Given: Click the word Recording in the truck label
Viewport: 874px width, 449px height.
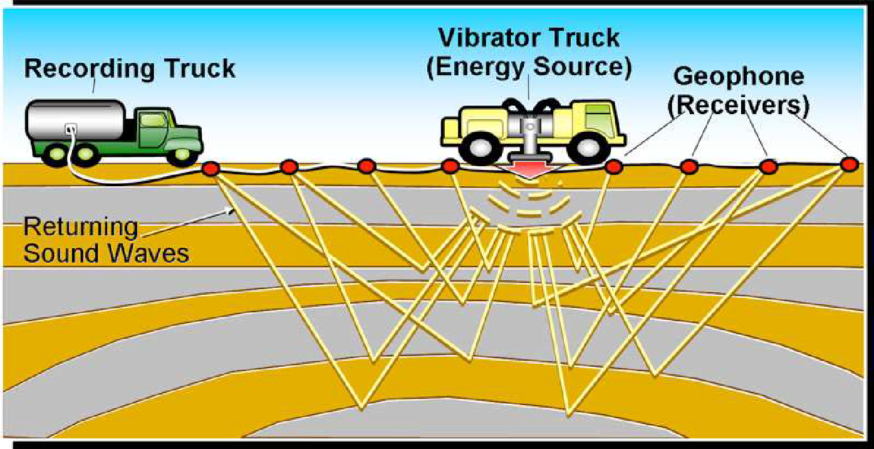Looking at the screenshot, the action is pyautogui.click(x=90, y=69).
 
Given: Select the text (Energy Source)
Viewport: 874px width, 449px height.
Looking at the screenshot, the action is pyautogui.click(x=529, y=67).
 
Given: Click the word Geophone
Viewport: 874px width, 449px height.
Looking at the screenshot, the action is pyautogui.click(x=739, y=77).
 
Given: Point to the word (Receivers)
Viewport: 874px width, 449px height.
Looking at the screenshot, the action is pyautogui.click(x=739, y=106).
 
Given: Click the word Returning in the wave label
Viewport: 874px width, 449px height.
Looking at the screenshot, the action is pyautogui.click(x=81, y=226).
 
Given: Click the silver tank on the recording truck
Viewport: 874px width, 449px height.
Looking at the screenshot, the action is pyautogui.click(x=75, y=120).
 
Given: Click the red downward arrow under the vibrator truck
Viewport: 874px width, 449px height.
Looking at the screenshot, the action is pyautogui.click(x=529, y=170).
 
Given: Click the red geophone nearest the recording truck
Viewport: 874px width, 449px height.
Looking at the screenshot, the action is pyautogui.click(x=211, y=169).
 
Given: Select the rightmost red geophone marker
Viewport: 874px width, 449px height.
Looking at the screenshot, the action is pyautogui.click(x=849, y=164).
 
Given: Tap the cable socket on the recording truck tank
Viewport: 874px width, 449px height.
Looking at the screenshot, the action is pyautogui.click(x=71, y=128).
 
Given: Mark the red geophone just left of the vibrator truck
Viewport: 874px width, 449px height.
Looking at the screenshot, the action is pyautogui.click(x=450, y=167).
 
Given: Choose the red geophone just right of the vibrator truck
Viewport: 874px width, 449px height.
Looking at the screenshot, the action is pyautogui.click(x=614, y=167).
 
